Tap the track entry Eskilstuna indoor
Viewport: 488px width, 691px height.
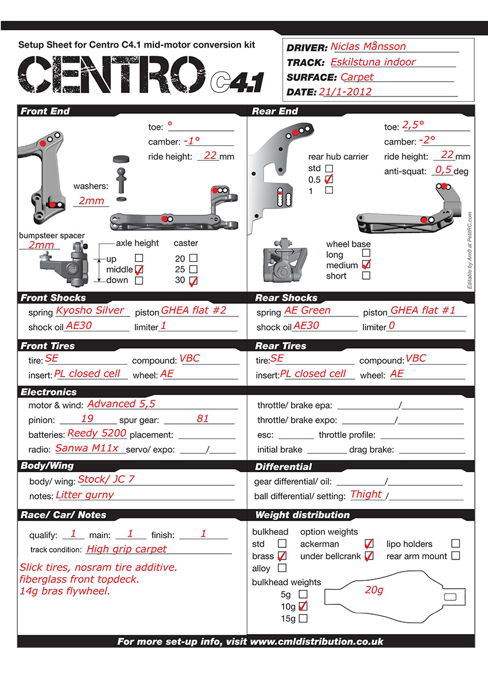373,62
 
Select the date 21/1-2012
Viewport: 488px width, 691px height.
347,91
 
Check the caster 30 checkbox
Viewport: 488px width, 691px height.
193,281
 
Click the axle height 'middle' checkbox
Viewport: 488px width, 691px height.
138,269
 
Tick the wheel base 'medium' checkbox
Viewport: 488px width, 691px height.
366,265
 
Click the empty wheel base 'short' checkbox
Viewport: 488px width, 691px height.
366,276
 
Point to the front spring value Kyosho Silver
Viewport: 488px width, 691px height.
90,311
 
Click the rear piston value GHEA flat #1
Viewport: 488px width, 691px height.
423,311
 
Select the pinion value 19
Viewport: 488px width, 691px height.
87,419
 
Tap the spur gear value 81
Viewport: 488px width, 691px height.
203,419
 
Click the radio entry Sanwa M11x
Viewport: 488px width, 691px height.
87,449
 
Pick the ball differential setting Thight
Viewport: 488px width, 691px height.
366,494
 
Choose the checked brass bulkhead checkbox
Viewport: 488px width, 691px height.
282,556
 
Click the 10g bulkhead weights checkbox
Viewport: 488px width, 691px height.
303,606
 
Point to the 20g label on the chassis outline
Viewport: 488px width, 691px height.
374,590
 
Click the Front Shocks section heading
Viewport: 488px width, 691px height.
53,298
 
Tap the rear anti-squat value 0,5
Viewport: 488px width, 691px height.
443,170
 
